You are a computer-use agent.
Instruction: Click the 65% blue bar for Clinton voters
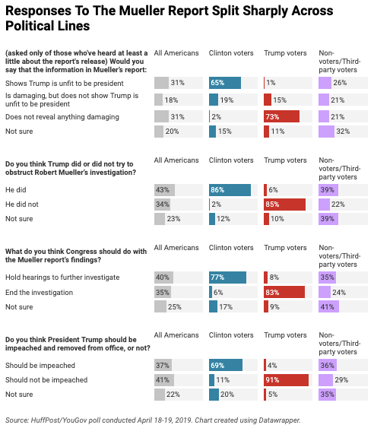tap(225, 83)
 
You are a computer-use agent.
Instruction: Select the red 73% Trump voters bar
tap(281, 116)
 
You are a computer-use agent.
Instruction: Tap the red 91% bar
tap(286, 379)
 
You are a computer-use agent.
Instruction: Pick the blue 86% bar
tap(230, 190)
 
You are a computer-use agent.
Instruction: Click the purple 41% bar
tap(328, 307)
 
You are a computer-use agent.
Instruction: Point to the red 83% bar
tap(284, 292)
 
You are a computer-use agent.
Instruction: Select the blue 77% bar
tap(227, 278)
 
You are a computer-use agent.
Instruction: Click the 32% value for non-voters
tap(343, 132)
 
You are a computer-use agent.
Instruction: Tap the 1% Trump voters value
tap(271, 83)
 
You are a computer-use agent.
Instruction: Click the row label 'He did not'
tap(22, 205)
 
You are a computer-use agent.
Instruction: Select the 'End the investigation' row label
tap(40, 293)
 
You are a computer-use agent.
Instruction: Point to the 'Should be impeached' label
tap(40, 366)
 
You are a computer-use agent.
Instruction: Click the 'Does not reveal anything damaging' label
tap(62, 117)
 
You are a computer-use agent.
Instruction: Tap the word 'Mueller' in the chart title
tap(141, 11)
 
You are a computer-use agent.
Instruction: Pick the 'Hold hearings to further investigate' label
tap(62, 278)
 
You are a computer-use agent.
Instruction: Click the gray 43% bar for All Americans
tap(164, 190)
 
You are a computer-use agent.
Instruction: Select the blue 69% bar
tap(226, 365)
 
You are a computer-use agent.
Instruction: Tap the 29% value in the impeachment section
tap(341, 380)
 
